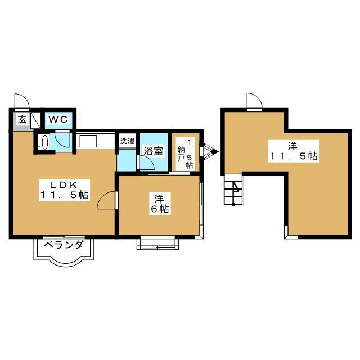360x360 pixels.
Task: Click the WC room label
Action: tap(58, 119)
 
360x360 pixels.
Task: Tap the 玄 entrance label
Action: tap(22, 119)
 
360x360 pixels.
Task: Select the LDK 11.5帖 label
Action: tap(64, 190)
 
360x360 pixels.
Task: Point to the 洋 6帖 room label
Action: tap(160, 204)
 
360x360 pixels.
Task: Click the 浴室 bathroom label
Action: tap(154, 151)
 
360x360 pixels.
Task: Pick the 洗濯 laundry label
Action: tap(127, 141)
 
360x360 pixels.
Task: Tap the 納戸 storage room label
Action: tap(186, 153)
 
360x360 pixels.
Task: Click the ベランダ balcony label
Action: tap(64, 245)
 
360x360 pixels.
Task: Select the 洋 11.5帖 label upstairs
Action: tap(294, 151)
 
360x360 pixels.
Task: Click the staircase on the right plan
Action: tap(233, 190)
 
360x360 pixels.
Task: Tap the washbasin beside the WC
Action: tap(45, 142)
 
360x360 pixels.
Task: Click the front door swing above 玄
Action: tap(22, 101)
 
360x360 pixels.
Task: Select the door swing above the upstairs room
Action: tap(255, 100)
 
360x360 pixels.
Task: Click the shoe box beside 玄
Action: tap(35, 120)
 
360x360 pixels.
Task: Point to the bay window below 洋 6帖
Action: tap(157, 243)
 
